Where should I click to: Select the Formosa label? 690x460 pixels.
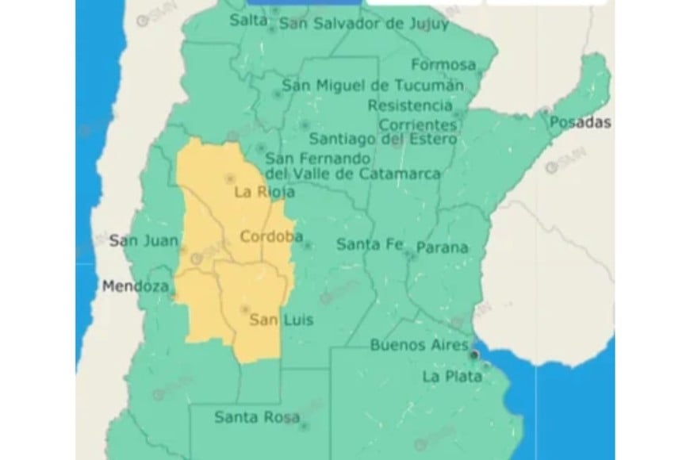tap(443, 65)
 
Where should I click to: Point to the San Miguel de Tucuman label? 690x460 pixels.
tap(373, 86)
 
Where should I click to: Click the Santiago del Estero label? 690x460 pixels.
tap(382, 139)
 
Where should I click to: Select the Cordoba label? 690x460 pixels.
tap(271, 236)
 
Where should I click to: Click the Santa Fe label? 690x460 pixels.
tap(370, 245)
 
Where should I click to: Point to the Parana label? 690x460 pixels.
tap(442, 247)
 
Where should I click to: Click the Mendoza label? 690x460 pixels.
tap(135, 286)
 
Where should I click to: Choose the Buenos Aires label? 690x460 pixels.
tap(419, 345)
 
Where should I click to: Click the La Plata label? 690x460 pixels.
tap(451, 376)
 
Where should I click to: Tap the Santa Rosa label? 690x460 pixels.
tap(246, 416)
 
